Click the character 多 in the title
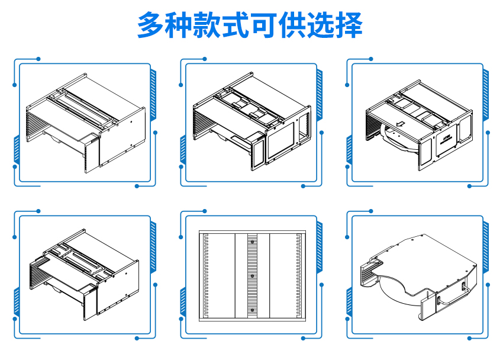click(x=151, y=25)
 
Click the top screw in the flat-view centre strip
click(x=252, y=242)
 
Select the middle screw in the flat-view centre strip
click(x=252, y=276)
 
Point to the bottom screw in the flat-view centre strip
click(x=252, y=310)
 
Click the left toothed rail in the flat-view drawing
click(x=206, y=275)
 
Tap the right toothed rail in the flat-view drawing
click(x=298, y=275)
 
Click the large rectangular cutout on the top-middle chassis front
click(x=283, y=142)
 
